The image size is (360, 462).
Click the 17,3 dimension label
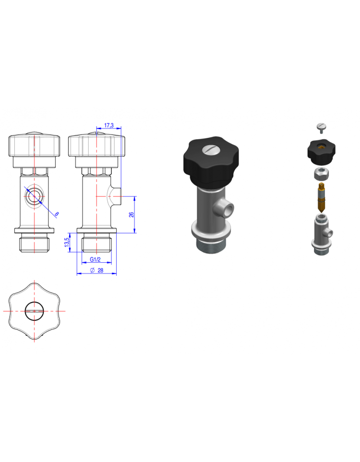coord(108,125)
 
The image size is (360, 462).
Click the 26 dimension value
coord(132,215)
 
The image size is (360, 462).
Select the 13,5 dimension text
coord(67,242)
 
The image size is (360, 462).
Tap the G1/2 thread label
coord(95,259)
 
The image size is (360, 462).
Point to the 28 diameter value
coord(100,270)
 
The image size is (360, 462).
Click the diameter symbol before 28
coord(92,270)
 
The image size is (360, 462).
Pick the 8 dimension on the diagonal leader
coord(57,214)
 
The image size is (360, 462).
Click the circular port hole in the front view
coord(34,196)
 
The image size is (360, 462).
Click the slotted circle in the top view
coord(34,311)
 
